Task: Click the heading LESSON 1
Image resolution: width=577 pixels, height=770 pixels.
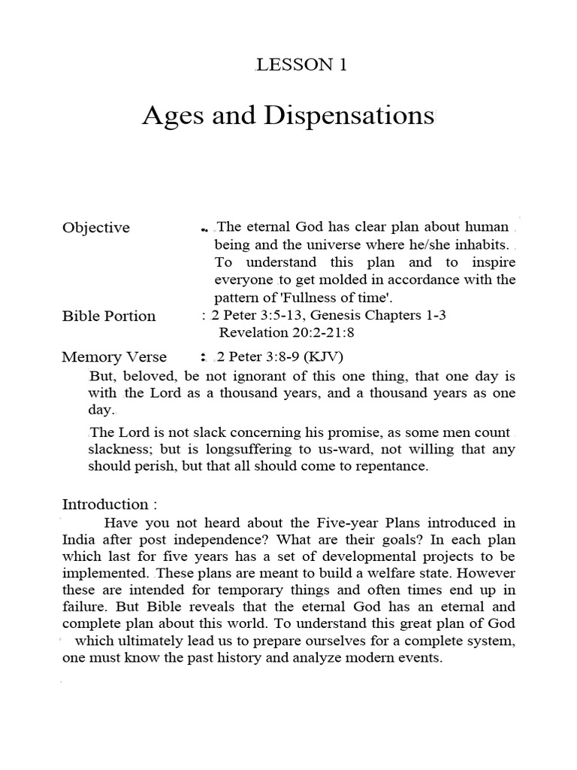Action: (301, 65)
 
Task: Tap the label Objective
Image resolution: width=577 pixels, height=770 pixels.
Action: (95, 227)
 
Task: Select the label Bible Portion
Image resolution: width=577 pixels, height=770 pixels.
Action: (109, 316)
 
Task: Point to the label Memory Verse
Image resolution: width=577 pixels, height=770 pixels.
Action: (114, 356)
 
